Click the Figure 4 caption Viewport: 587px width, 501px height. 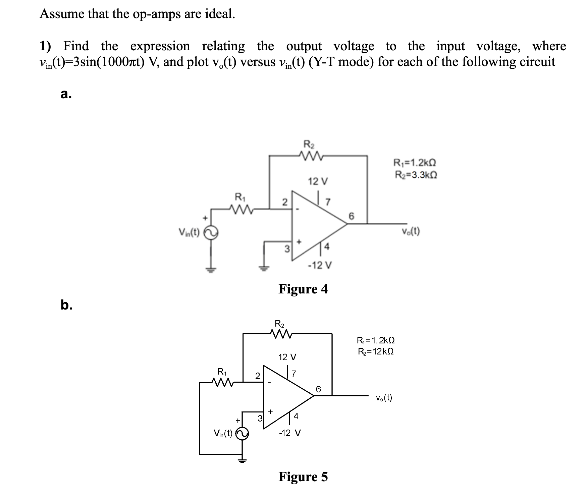click(x=303, y=289)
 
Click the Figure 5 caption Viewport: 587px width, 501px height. click(x=303, y=477)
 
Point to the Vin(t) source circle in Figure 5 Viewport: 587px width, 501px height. click(x=242, y=434)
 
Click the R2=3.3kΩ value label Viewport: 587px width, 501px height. click(x=416, y=175)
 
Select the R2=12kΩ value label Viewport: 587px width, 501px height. click(x=376, y=351)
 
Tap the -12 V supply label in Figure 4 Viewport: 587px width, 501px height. click(x=320, y=266)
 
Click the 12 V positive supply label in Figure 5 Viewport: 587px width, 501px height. click(x=287, y=357)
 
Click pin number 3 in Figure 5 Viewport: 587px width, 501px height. click(x=260, y=418)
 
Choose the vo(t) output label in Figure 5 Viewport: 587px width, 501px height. click(x=384, y=398)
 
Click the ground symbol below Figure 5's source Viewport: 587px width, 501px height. click(x=242, y=460)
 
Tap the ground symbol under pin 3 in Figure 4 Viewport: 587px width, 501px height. click(x=264, y=268)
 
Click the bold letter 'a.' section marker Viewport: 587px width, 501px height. click(x=66, y=95)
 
